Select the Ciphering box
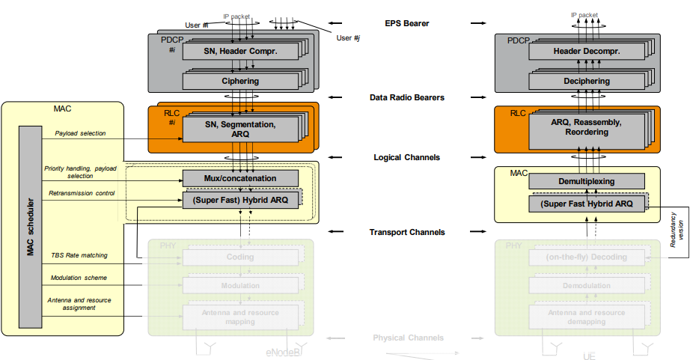click(239, 81)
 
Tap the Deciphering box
click(586, 81)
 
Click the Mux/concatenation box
click(239, 178)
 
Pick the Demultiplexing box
click(586, 181)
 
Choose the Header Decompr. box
click(587, 51)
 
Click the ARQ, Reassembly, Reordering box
click(586, 126)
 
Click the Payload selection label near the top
click(80, 133)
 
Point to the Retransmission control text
click(82, 193)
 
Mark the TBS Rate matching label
click(79, 255)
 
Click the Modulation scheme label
click(79, 278)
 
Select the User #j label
click(349, 37)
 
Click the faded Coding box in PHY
click(239, 257)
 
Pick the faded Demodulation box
click(586, 286)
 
